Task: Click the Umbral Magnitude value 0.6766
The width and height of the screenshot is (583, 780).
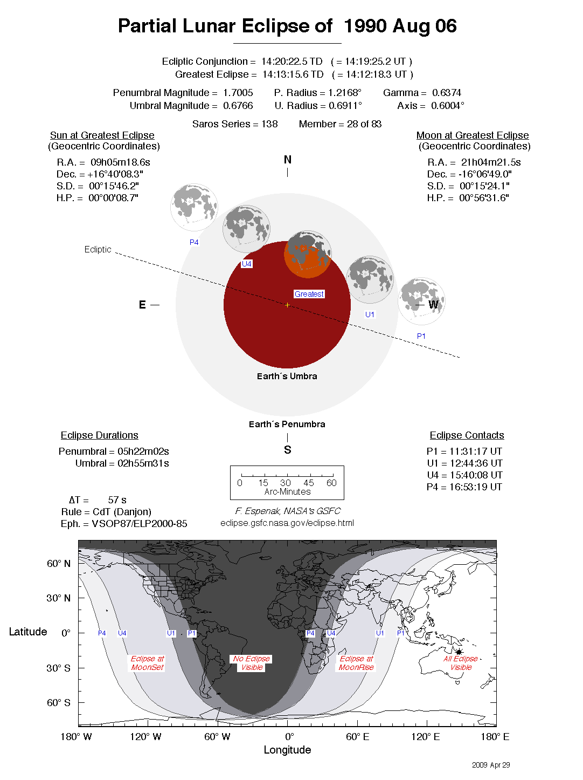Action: pos(238,106)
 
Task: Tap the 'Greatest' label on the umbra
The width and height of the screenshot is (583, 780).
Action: pos(309,294)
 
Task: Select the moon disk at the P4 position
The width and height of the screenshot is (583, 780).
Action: pos(194,207)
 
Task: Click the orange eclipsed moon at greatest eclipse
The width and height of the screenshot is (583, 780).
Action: pos(307,255)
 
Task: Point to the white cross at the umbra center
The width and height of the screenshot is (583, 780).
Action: pos(287,305)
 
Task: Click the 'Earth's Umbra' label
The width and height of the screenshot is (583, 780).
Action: pos(287,376)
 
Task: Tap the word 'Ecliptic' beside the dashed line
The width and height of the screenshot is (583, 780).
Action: pos(98,249)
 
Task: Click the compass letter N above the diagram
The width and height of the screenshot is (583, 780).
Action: pos(287,160)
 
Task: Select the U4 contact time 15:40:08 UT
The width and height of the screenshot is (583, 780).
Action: pos(476,475)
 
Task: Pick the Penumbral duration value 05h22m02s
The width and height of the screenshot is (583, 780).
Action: pos(143,451)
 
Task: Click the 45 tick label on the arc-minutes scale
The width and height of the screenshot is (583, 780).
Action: pos(308,483)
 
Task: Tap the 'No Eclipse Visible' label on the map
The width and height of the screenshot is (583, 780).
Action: pos(252,663)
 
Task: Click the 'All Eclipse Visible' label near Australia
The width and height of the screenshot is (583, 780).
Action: pos(461,663)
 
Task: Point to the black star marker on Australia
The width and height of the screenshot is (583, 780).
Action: pos(459,652)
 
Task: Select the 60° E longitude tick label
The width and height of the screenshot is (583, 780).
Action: pos(357,737)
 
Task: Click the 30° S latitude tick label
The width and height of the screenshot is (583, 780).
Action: pos(58,668)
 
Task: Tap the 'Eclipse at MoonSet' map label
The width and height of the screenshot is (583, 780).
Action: pos(147,663)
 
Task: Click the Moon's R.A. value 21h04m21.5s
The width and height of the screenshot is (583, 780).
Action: pos(490,162)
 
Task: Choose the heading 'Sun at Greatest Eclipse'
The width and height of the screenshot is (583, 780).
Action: pos(102,135)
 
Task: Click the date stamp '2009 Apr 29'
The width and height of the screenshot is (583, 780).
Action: pos(490,765)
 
